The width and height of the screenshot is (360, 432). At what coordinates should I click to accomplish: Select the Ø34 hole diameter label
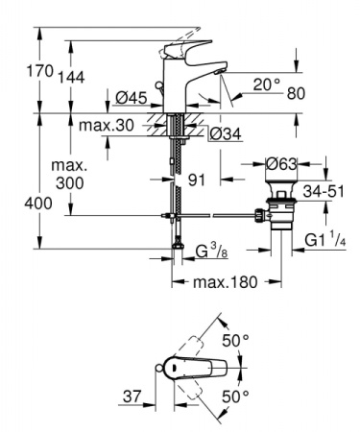pos(222,132)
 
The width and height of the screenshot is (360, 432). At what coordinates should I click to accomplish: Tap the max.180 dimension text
pos(227,283)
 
